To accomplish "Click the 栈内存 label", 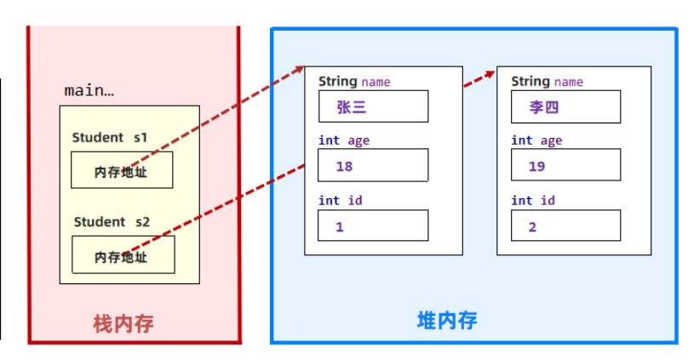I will (x=123, y=323).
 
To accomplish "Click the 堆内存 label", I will (x=447, y=320).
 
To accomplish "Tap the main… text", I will (x=89, y=90).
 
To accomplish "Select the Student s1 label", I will (x=110, y=137).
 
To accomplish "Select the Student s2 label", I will (x=112, y=221).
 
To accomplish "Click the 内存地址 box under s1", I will (x=122, y=170).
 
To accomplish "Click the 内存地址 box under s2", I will (x=123, y=255).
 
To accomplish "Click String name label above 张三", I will (x=354, y=82).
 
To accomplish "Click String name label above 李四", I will (x=547, y=82).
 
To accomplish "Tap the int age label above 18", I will (x=344, y=140).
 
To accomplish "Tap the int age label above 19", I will (x=536, y=140).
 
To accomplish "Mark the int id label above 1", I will (x=341, y=201).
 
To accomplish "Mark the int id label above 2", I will (x=533, y=201).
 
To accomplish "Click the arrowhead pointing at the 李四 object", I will (x=491, y=73).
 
